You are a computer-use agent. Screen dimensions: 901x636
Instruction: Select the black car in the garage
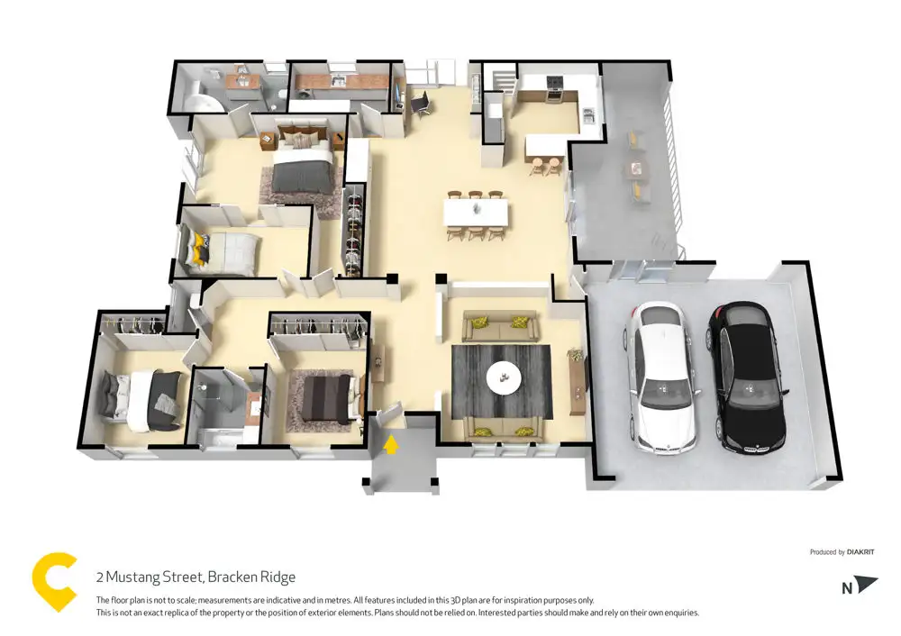(x=748, y=379)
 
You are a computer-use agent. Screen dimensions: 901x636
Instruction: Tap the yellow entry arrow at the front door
(x=391, y=444)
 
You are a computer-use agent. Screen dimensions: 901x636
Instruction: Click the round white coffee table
(x=504, y=378)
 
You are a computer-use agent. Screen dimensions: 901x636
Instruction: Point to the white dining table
(x=476, y=212)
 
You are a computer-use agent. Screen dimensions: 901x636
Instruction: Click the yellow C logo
(x=55, y=581)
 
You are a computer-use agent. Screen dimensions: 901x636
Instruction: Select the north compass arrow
(x=865, y=584)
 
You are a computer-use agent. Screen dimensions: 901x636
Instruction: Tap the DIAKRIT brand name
(x=860, y=552)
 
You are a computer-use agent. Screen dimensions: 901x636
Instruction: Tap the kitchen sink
(x=587, y=115)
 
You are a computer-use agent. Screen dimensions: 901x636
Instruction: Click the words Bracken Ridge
(x=251, y=577)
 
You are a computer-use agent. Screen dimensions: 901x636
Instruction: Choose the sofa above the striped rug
(x=499, y=326)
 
